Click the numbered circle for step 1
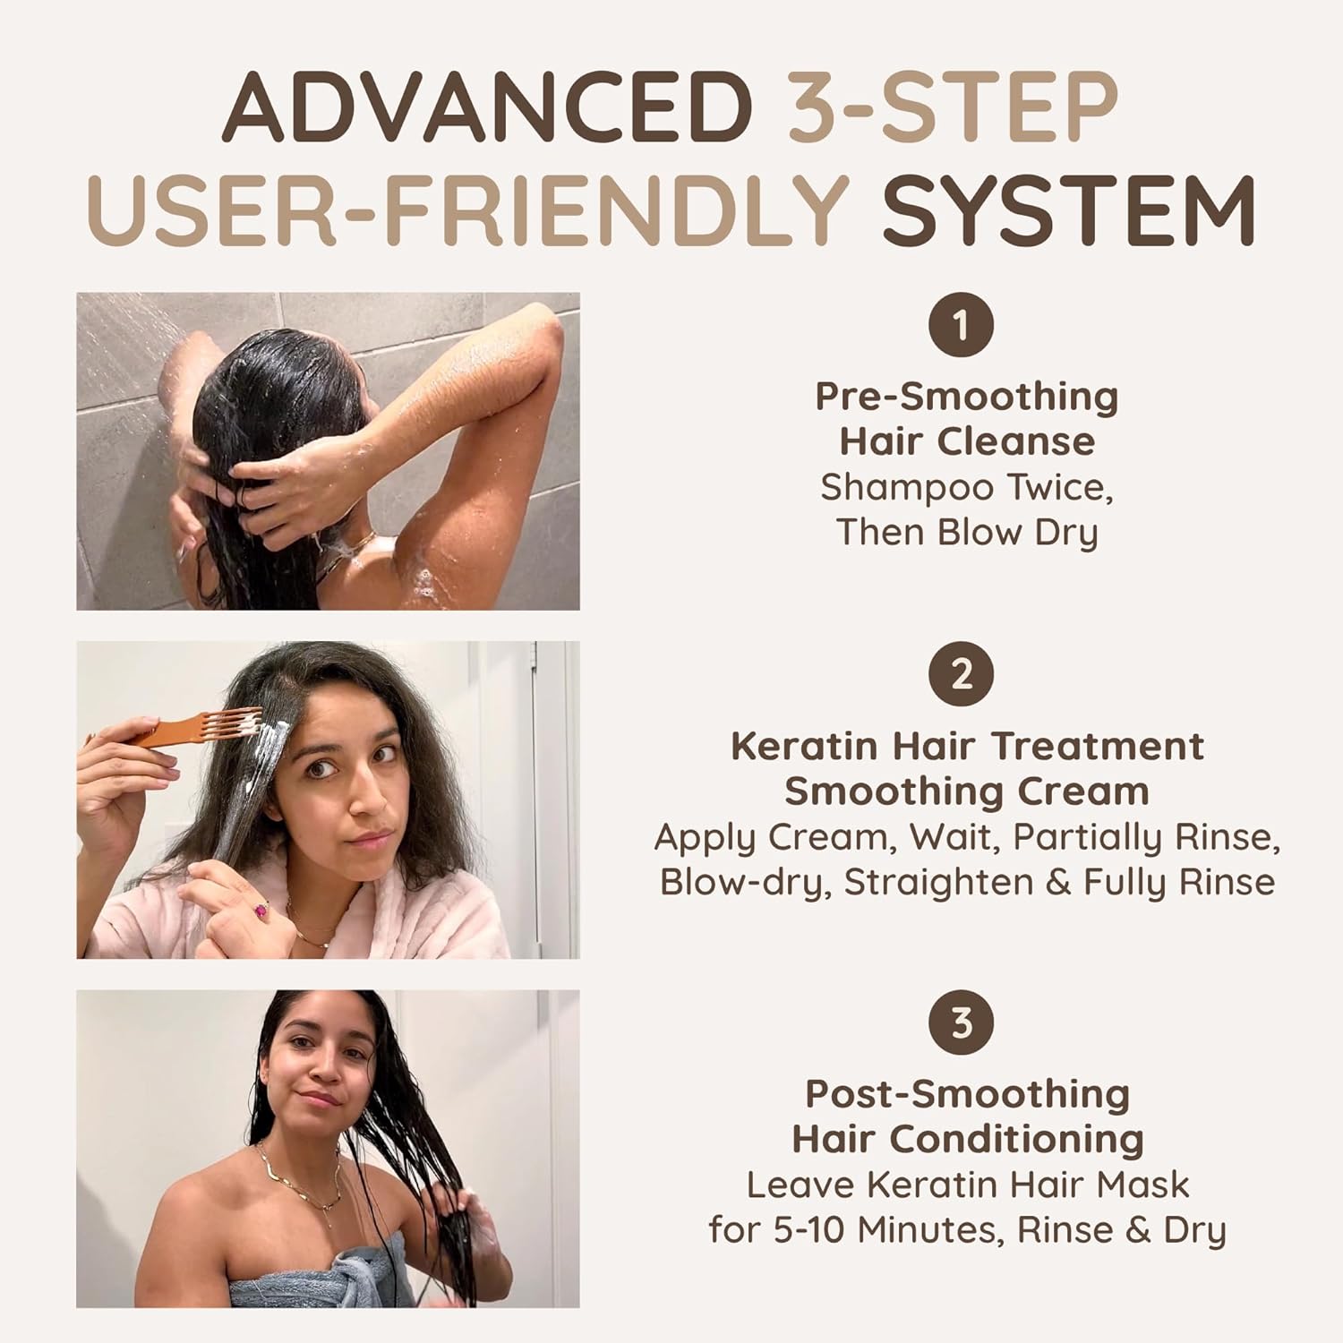(x=962, y=324)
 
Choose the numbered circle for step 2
(x=962, y=673)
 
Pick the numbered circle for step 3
(x=962, y=1022)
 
